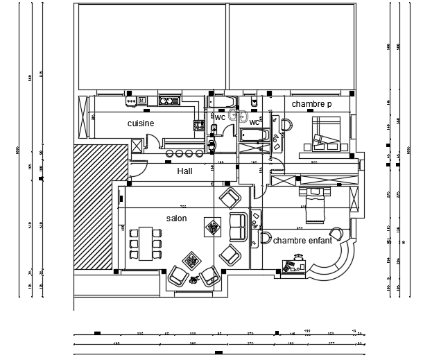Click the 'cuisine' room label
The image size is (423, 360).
(x=141, y=123)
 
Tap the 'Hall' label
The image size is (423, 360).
(x=184, y=171)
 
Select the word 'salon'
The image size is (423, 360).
(x=176, y=218)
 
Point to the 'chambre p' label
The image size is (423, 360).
(x=311, y=104)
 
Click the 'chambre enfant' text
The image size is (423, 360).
(x=302, y=241)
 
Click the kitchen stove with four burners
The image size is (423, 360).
(x=198, y=126)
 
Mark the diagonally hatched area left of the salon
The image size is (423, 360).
(x=94, y=208)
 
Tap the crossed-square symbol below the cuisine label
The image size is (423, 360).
(x=137, y=145)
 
